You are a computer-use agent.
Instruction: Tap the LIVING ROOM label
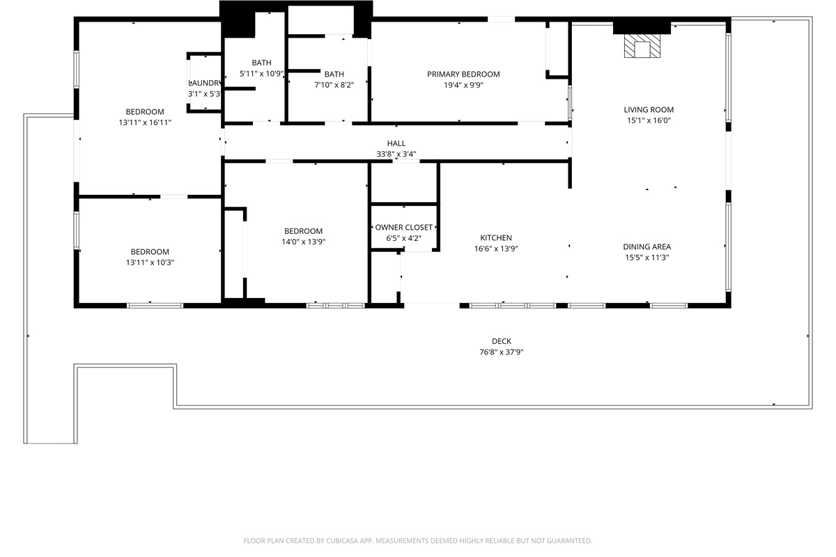pos(648,109)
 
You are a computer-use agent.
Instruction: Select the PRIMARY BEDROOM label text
pos(463,74)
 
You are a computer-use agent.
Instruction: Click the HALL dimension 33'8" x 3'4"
pos(396,155)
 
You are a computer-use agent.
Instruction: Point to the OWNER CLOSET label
pos(403,228)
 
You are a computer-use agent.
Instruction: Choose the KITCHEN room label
pos(495,238)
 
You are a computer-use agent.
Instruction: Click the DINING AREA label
pos(647,246)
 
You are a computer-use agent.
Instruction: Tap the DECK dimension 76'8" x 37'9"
pos(501,352)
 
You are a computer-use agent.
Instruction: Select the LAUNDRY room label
pos(204,83)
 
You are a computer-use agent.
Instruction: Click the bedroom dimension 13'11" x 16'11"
pos(145,123)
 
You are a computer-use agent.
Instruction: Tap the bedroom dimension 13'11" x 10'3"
pos(150,262)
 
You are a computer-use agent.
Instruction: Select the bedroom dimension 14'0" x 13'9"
pos(303,242)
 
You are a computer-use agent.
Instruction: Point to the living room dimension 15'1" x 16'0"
pos(648,120)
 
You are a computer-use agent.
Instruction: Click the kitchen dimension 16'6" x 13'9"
pos(495,249)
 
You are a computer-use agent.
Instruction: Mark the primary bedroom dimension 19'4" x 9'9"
pos(463,85)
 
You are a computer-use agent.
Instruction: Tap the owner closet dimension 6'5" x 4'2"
pos(403,238)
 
